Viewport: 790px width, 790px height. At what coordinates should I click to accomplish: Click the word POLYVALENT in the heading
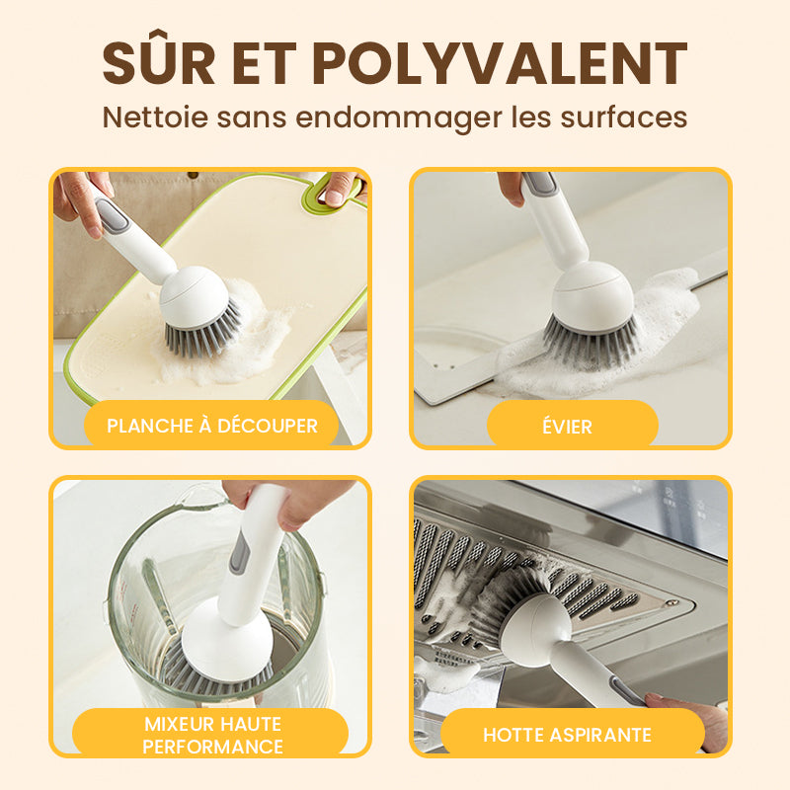click(x=500, y=63)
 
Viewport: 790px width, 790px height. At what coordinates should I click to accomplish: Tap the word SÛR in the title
click(x=159, y=57)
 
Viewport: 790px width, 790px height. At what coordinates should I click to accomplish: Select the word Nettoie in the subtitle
click(x=155, y=117)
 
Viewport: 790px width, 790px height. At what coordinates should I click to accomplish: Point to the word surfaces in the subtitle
click(x=624, y=117)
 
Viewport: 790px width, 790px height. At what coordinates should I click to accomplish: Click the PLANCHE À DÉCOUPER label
click(x=212, y=427)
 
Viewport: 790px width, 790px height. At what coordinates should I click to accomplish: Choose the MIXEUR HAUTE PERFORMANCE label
click(x=212, y=735)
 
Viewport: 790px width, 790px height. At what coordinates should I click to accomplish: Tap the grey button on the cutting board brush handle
click(x=112, y=215)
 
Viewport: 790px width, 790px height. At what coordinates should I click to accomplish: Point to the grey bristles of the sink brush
click(x=591, y=343)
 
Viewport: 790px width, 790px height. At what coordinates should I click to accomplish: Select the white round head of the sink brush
click(x=592, y=297)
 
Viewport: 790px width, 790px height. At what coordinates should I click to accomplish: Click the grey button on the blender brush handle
click(x=240, y=552)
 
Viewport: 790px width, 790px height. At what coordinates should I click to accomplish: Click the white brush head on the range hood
click(x=536, y=625)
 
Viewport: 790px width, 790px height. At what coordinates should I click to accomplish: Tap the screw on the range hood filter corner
click(x=671, y=602)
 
